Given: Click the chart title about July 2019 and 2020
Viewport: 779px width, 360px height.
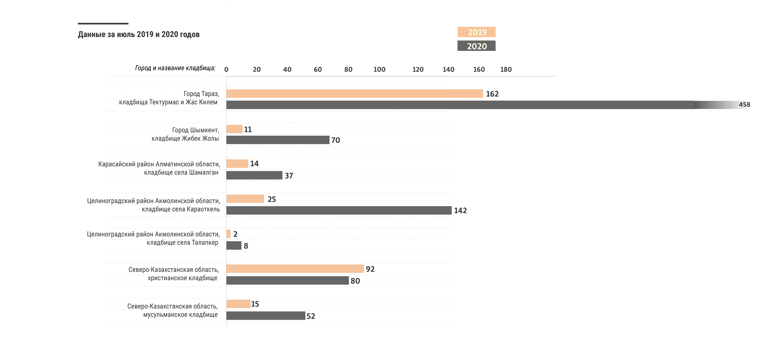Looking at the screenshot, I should [139, 34].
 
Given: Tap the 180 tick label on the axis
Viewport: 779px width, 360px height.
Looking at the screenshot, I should [506, 70].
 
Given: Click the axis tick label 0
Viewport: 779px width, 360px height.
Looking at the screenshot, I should [226, 70].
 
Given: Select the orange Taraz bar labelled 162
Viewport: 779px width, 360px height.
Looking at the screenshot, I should [354, 94].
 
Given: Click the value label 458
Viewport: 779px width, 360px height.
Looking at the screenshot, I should [745, 105].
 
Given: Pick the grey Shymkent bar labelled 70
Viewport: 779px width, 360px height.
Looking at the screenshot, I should [278, 140].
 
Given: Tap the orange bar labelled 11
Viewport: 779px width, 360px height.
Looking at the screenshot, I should [234, 129].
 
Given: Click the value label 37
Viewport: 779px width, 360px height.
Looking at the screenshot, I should [289, 176].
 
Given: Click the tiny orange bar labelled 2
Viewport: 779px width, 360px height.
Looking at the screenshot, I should [228, 234].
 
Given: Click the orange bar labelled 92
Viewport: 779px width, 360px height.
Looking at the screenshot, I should [295, 269].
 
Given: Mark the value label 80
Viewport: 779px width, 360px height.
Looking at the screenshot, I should [355, 281].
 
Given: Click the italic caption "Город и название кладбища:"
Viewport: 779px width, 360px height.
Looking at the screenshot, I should [175, 68].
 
